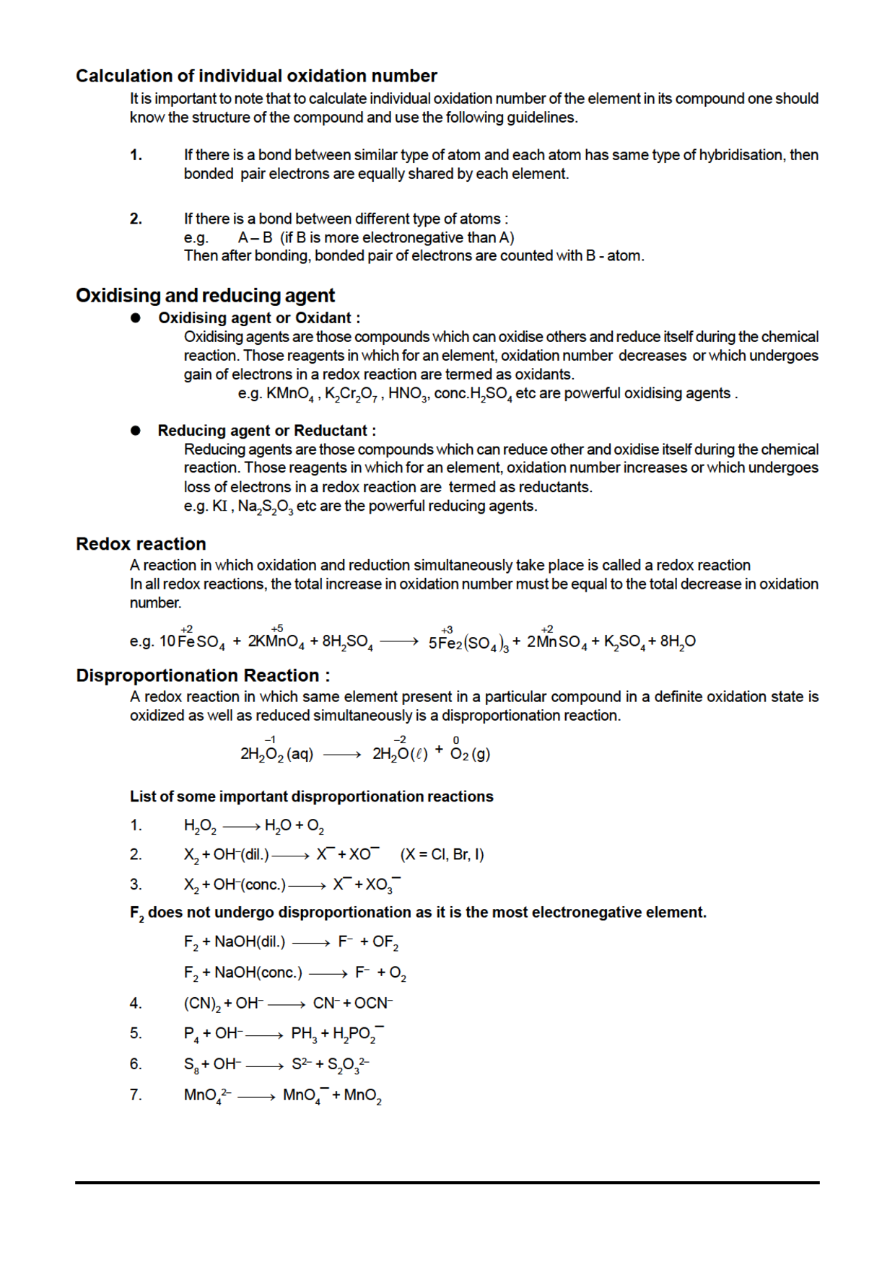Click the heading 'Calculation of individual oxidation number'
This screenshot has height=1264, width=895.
tap(256, 76)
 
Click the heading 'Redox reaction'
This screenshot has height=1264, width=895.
tap(141, 544)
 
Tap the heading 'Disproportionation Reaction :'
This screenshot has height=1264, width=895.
tap(203, 675)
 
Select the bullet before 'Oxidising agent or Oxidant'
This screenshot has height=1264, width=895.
tap(135, 318)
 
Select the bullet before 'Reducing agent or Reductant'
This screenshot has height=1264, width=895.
tap(135, 431)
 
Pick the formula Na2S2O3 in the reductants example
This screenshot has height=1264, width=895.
tap(265, 506)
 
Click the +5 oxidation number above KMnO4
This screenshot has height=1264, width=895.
tap(277, 628)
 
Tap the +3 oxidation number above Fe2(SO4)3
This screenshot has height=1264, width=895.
tap(447, 630)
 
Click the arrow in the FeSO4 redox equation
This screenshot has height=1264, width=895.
tap(398, 641)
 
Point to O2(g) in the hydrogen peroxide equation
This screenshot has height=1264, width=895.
tap(470, 755)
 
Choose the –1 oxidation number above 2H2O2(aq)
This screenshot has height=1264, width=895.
tap(270, 739)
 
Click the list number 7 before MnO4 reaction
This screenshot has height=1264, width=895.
tap(136, 1094)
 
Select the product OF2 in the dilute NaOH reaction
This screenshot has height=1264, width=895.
tap(385, 943)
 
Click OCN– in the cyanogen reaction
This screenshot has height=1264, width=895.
tap(373, 1004)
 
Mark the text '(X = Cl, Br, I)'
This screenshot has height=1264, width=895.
tap(442, 855)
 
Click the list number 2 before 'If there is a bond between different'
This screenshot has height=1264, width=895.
tap(136, 219)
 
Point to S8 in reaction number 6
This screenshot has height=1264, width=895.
tap(191, 1065)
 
